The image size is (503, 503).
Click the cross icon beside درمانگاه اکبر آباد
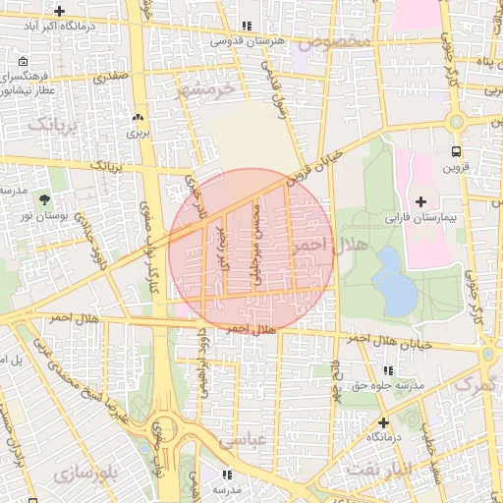pyautogui.click(x=61, y=12)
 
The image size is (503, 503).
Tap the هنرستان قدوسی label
pyautogui.click(x=246, y=42)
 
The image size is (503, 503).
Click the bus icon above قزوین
pyautogui.click(x=455, y=151)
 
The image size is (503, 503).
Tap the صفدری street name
pyautogui.click(x=110, y=73)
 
